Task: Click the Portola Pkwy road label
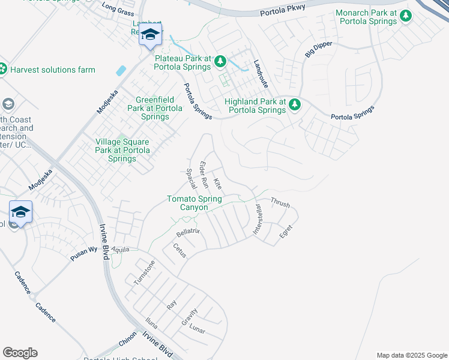coord(283,9)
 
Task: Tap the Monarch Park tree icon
coord(406,17)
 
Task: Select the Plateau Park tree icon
coord(220,61)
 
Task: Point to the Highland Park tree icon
coord(295,105)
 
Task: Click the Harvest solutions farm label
coord(52,70)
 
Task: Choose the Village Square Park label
coord(122,150)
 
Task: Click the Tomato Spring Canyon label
coord(194,203)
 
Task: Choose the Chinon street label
coord(128,340)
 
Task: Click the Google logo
coord(20,353)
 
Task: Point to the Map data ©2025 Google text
coord(411,355)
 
